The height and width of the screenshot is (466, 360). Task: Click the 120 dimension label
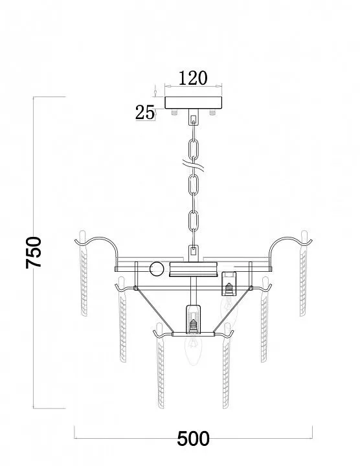tap(193, 78)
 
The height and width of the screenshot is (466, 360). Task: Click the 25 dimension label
tap(145, 113)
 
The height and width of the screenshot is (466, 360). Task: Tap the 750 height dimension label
tap(34, 252)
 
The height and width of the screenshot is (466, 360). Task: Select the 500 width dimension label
tap(193, 439)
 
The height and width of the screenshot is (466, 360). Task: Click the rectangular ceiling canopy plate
tap(193, 102)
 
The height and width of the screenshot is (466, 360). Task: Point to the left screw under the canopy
tap(174, 112)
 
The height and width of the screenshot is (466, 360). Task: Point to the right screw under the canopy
tap(212, 112)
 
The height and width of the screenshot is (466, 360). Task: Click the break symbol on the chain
tap(193, 165)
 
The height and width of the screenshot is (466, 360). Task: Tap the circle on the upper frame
tap(157, 269)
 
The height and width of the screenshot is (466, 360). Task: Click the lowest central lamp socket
tap(193, 319)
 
